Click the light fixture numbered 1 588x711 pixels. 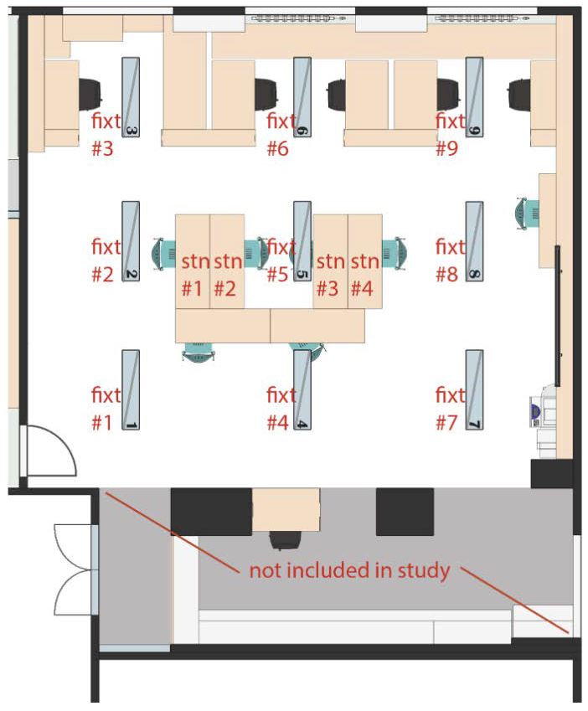pyautogui.click(x=131, y=390)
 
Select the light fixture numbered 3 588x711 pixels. pyautogui.click(x=131, y=97)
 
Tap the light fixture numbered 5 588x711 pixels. pyautogui.click(x=302, y=241)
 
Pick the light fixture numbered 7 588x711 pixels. pyautogui.click(x=474, y=390)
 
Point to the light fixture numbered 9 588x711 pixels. pyautogui.click(x=474, y=97)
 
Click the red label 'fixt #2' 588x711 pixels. pyautogui.click(x=106, y=260)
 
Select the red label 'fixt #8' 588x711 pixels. pyautogui.click(x=450, y=260)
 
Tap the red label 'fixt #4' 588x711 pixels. pyautogui.click(x=281, y=409)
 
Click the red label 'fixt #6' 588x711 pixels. pyautogui.click(x=281, y=134)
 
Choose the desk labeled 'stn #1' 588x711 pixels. pyautogui.click(x=193, y=261)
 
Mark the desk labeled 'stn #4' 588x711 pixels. pyautogui.click(x=365, y=261)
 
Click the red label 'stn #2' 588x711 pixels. pyautogui.click(x=228, y=275)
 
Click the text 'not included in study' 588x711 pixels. pyautogui.click(x=349, y=570)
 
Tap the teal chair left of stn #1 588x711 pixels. pyautogui.click(x=164, y=254)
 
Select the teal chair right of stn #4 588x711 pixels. pyautogui.click(x=394, y=254)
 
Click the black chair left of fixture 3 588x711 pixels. pyautogui.click(x=90, y=94)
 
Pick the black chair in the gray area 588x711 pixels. pyautogui.click(x=285, y=540)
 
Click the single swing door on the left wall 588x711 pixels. pyautogui.click(x=48, y=451)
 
